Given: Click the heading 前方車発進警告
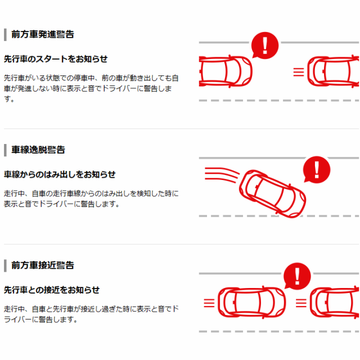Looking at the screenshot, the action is pyautogui.click(x=43, y=34).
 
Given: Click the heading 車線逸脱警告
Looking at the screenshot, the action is pyautogui.click(x=38, y=150).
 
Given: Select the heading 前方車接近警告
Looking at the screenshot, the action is pyautogui.click(x=43, y=265).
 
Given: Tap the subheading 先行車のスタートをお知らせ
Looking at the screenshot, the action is pyautogui.click(x=56, y=59).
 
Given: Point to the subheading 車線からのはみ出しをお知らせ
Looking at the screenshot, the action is pyautogui.click(x=60, y=174).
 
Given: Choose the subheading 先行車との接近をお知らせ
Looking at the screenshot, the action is pyautogui.click(x=52, y=290).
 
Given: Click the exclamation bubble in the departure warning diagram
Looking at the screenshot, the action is pyautogui.click(x=265, y=45).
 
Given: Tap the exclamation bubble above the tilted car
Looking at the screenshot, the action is pyautogui.click(x=316, y=170).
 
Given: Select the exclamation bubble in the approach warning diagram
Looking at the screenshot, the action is pyautogui.click(x=297, y=276).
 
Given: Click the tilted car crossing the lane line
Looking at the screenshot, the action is pyautogui.click(x=272, y=194).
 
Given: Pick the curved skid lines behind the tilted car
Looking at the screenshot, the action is pyautogui.click(x=222, y=175).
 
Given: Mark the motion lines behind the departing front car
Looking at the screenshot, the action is pyautogui.click(x=299, y=72).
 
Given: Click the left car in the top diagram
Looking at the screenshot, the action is pyautogui.click(x=226, y=71).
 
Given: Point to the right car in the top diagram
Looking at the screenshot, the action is pyautogui.click(x=333, y=71).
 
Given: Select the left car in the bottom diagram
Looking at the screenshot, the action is pyautogui.click(x=251, y=303).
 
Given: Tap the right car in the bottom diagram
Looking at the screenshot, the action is pyautogui.click(x=335, y=303).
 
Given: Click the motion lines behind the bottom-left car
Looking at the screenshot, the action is pyautogui.click(x=209, y=303).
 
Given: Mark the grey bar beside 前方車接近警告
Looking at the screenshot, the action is pyautogui.click(x=5, y=265).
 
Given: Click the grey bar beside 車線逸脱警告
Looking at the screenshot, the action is pyautogui.click(x=5, y=150).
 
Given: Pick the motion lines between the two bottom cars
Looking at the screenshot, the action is pyautogui.click(x=301, y=303).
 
